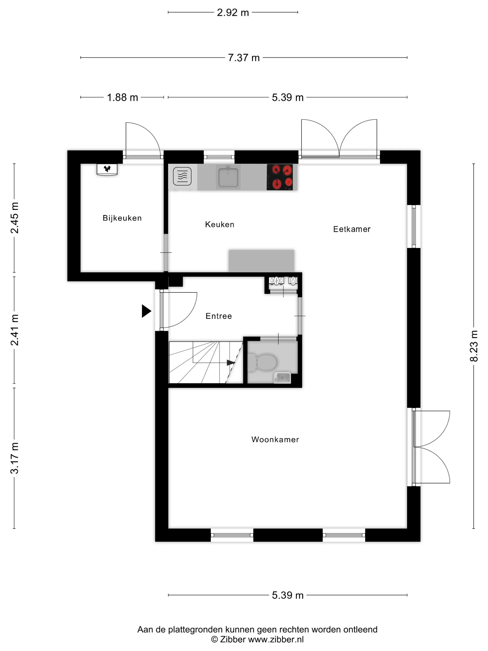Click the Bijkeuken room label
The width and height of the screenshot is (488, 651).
tap(122, 218)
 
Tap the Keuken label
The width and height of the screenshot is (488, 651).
tap(219, 225)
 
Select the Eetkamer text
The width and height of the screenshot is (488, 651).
tap(352, 229)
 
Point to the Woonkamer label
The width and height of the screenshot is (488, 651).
tap(275, 440)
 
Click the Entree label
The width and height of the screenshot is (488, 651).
tap(219, 316)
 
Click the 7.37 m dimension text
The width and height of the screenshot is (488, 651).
tap(244, 58)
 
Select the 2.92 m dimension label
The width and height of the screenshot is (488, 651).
tap(233, 13)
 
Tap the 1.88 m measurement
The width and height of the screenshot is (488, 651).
tap(122, 97)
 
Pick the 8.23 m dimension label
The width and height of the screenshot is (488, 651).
tap(474, 346)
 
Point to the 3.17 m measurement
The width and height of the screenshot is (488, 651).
tap(14, 458)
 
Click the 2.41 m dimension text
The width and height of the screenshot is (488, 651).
tap(14, 330)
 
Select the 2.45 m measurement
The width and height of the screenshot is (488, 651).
tap(14, 218)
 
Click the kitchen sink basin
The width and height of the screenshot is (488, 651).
tap(228, 177)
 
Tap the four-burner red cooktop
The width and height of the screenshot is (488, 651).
tap(280, 177)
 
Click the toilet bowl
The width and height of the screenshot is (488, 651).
tap(263, 362)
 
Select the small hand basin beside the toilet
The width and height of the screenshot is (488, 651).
tap(282, 378)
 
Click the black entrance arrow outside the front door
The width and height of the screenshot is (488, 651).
tap(146, 311)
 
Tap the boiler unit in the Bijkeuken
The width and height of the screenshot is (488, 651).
tap(107, 169)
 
